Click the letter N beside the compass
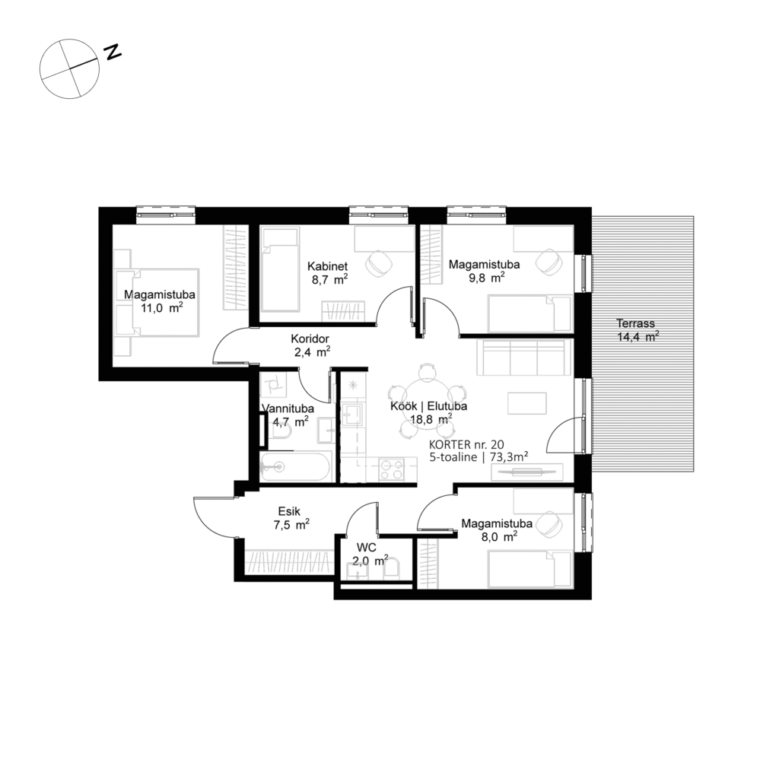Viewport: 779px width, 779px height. pyautogui.click(x=113, y=52)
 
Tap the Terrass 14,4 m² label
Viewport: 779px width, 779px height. pyautogui.click(x=638, y=329)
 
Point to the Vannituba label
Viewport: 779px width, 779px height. pyautogui.click(x=285, y=409)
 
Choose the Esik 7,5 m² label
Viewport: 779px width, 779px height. pyautogui.click(x=292, y=517)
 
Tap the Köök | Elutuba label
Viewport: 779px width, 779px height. pyautogui.click(x=428, y=406)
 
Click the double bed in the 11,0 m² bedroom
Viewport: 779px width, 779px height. pyautogui.click(x=156, y=302)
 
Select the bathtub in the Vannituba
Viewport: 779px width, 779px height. pyautogui.click(x=295, y=466)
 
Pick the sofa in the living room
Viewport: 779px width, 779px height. pyautogui.click(x=523, y=358)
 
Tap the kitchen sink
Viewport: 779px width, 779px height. pyautogui.click(x=353, y=415)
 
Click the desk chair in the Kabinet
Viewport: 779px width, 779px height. pyautogui.click(x=377, y=262)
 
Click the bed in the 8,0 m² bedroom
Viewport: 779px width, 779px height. pyautogui.click(x=529, y=569)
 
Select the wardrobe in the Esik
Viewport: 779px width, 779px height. pyautogui.click(x=288, y=561)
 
